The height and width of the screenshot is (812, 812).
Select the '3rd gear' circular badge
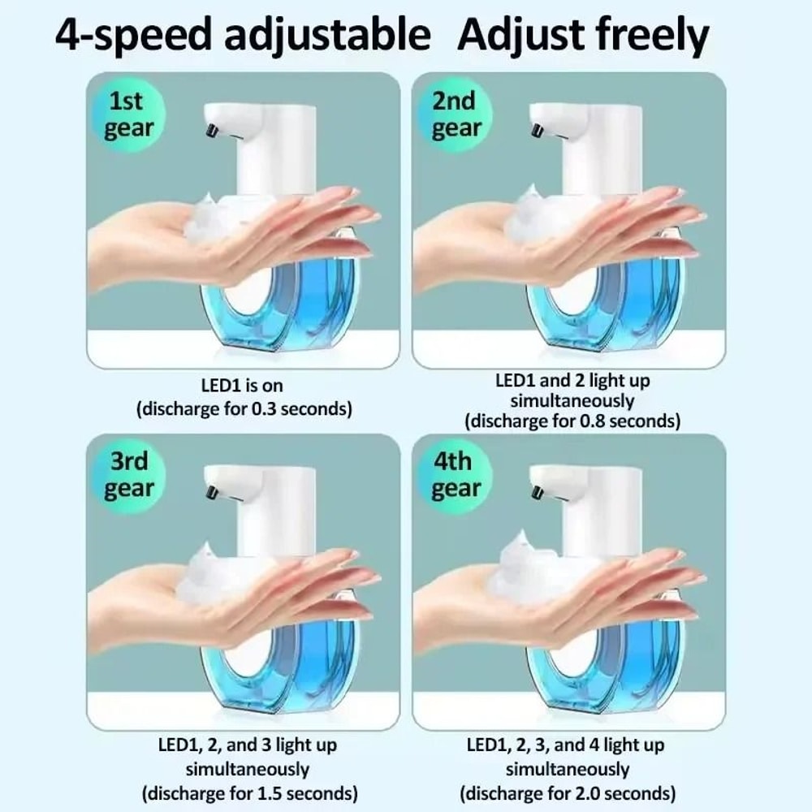tap(127, 475)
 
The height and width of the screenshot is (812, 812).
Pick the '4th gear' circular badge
tap(453, 475)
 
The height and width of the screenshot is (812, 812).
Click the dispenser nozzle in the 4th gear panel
tap(538, 492)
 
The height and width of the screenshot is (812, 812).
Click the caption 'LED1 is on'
tap(242, 387)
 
